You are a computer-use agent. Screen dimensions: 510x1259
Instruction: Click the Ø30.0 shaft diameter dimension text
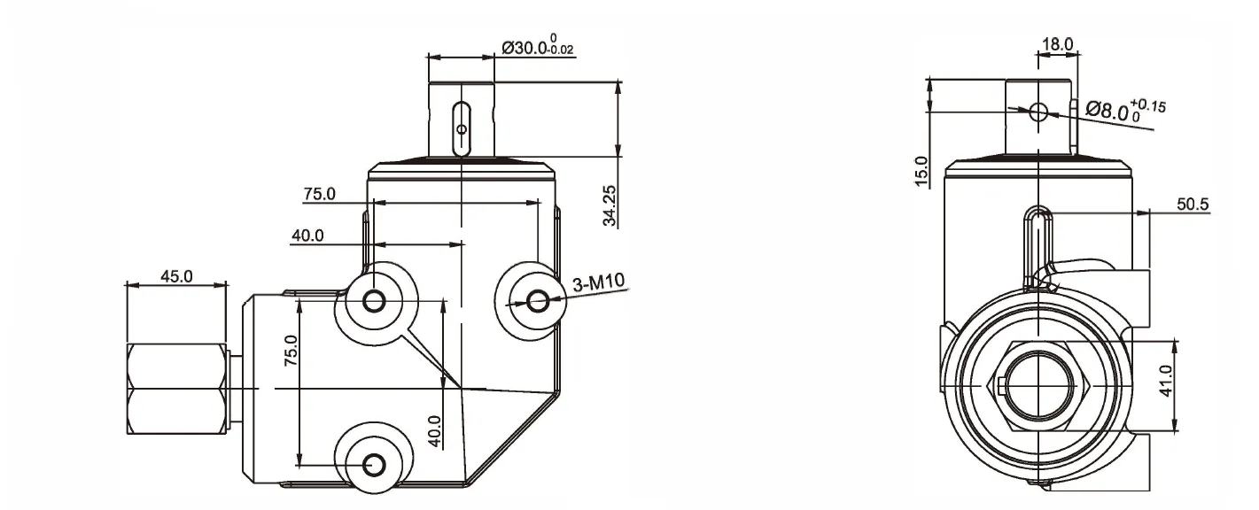click(x=538, y=47)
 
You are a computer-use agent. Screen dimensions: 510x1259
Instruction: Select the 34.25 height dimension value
click(x=610, y=206)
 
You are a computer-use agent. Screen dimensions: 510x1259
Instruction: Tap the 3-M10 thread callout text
click(x=599, y=283)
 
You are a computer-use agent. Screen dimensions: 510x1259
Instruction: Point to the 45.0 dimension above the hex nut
click(x=175, y=275)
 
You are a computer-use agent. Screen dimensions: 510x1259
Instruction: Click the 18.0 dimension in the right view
click(x=1057, y=43)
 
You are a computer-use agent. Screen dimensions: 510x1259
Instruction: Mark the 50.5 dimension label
click(x=1193, y=205)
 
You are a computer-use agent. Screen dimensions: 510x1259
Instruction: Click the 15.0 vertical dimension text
click(x=921, y=171)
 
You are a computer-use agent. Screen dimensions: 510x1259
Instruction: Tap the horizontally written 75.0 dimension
click(x=319, y=194)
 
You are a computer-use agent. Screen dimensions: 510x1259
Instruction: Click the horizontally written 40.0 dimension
click(x=307, y=236)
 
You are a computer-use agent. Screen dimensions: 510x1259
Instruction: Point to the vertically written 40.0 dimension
click(x=434, y=432)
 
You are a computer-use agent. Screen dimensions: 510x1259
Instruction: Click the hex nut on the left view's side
click(x=175, y=389)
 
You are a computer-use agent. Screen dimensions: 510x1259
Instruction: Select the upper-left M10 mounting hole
click(x=374, y=302)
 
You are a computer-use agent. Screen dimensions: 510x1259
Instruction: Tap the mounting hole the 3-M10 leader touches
click(x=537, y=302)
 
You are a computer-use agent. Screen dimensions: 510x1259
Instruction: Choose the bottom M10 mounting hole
click(x=374, y=464)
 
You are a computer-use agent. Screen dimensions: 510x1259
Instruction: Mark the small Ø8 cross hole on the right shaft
click(x=1039, y=112)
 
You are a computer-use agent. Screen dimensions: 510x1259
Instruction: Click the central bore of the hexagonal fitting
click(x=1037, y=384)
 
